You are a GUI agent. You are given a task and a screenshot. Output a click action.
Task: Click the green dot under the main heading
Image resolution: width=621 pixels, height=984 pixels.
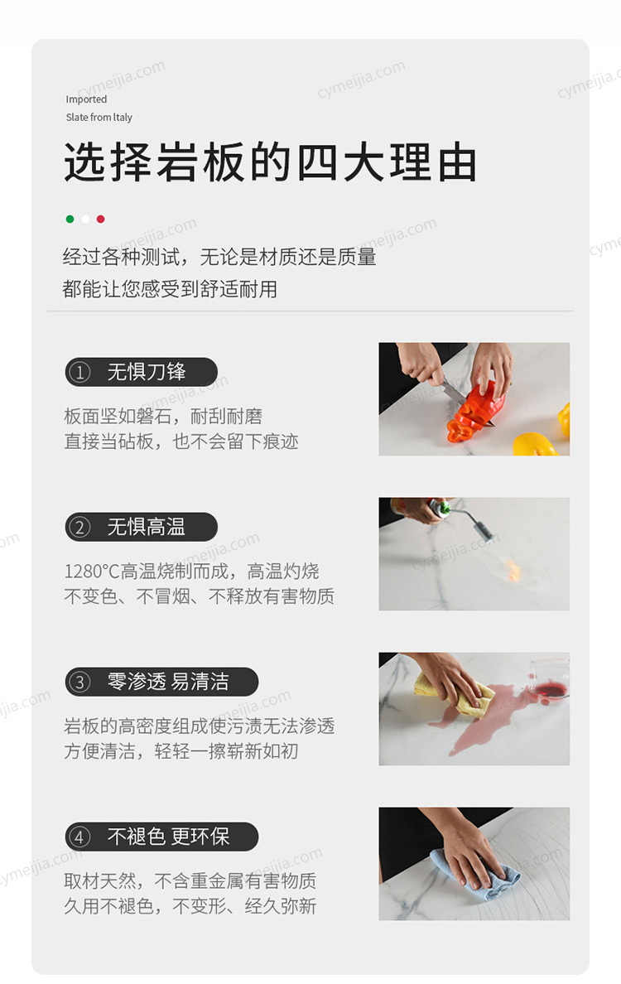pyautogui.click(x=70, y=219)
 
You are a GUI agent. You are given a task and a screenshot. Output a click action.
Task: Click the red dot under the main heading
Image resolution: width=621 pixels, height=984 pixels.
pyautogui.click(x=100, y=219)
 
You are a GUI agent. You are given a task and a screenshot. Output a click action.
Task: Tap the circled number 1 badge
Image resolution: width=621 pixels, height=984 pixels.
pyautogui.click(x=79, y=372)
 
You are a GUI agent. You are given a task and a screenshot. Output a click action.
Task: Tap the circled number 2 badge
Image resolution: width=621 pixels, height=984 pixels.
pyautogui.click(x=79, y=527)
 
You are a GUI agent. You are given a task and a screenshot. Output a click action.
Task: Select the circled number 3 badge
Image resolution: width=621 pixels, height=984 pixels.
pyautogui.click(x=79, y=683)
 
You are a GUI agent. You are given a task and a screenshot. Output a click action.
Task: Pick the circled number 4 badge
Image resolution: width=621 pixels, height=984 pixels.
pyautogui.click(x=79, y=837)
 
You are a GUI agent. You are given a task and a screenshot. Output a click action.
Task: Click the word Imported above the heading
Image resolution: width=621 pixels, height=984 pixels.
pyautogui.click(x=87, y=99)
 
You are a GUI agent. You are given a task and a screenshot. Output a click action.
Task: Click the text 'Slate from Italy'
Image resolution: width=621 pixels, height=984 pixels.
pyautogui.click(x=99, y=118)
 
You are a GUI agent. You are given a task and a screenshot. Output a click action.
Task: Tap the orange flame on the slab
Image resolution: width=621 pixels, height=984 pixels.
pyautogui.click(x=513, y=570)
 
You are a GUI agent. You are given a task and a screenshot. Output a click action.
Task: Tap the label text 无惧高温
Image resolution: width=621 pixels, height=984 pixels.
pyautogui.click(x=147, y=527)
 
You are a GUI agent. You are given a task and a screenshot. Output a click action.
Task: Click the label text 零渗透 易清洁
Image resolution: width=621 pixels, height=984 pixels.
pyautogui.click(x=168, y=683)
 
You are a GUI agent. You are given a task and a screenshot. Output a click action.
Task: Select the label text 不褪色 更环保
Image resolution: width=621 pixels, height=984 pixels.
pyautogui.click(x=168, y=837)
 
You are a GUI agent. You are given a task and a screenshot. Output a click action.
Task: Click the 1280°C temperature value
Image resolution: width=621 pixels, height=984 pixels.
pyautogui.click(x=92, y=572)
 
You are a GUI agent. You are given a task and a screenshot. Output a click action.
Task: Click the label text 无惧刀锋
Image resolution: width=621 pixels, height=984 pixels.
pyautogui.click(x=147, y=372)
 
